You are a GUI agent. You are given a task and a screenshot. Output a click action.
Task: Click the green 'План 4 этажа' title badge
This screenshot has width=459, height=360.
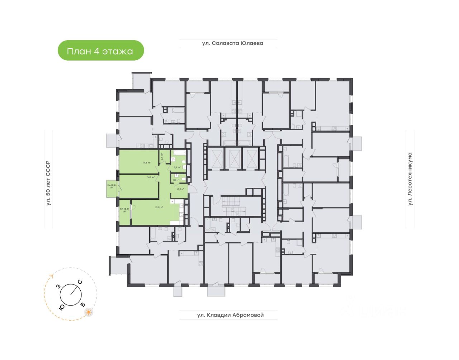101,51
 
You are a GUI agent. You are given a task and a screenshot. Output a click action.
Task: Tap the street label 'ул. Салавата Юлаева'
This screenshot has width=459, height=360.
232,43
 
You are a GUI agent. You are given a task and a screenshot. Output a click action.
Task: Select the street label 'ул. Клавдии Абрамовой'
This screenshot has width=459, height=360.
230,315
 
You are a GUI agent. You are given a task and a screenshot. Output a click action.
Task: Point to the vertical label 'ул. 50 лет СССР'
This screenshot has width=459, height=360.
48,183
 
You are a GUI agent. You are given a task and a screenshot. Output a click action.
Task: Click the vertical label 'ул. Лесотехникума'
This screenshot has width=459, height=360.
410,179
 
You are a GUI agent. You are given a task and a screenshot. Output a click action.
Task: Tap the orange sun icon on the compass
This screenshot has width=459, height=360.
88,312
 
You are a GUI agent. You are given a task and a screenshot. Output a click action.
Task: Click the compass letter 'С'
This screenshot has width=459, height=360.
80,282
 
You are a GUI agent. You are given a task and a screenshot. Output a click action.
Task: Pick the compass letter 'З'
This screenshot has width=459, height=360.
58,287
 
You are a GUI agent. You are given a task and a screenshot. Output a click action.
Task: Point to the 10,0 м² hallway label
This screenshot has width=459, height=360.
180,189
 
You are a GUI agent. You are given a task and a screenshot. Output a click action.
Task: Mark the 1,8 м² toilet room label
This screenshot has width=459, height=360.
176,180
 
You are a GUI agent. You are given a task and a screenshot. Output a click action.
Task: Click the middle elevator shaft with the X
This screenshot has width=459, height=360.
234,157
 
